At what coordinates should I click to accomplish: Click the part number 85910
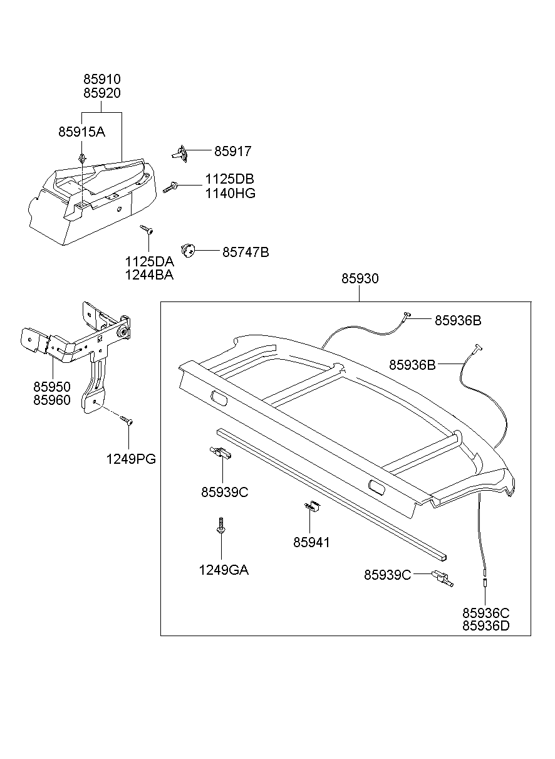(102, 80)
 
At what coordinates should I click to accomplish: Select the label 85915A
(81, 132)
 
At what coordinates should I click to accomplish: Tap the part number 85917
(232, 151)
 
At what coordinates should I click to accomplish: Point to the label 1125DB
(229, 179)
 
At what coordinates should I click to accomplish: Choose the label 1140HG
(230, 193)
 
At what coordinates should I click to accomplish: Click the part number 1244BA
(148, 274)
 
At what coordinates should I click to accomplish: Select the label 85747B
(246, 252)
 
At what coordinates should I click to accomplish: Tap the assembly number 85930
(360, 278)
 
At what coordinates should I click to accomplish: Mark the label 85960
(52, 400)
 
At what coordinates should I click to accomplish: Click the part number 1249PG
(130, 459)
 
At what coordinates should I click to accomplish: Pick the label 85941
(311, 542)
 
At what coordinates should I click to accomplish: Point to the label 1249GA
(224, 570)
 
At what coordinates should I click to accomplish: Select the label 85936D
(486, 626)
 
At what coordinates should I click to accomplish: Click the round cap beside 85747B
(188, 250)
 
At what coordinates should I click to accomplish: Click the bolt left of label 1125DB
(171, 187)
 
